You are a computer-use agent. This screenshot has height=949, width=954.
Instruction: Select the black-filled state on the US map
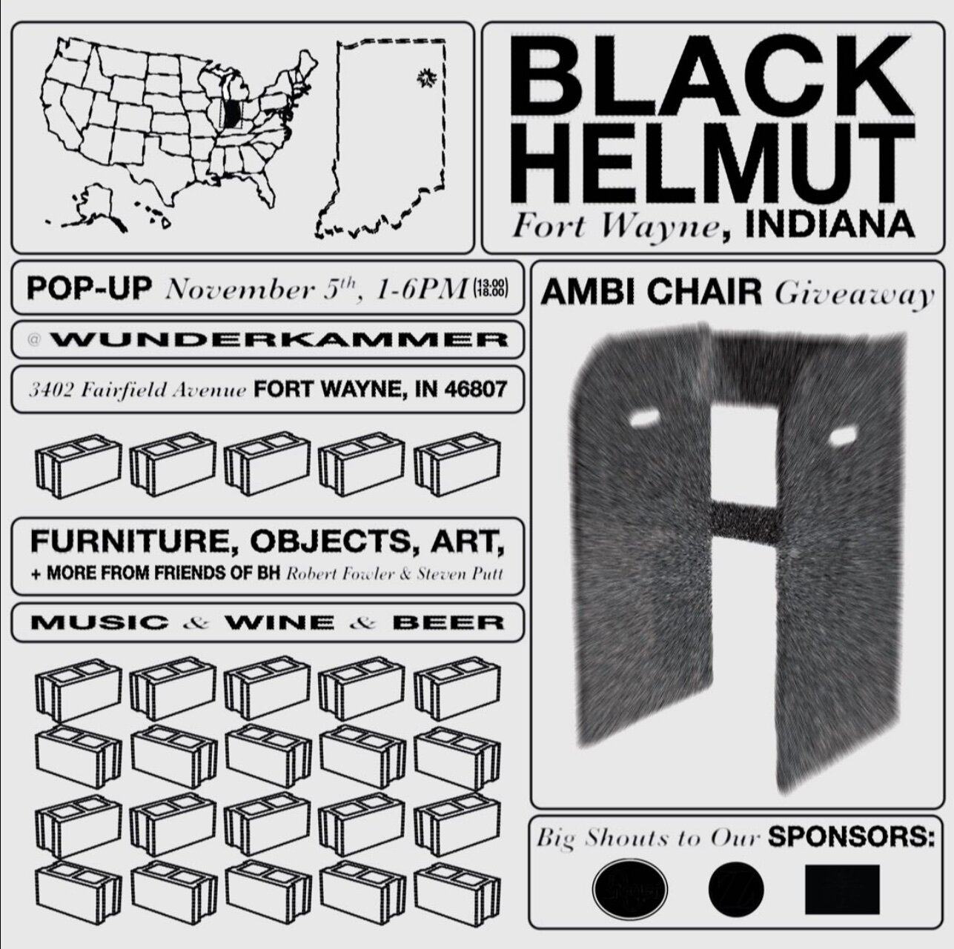click(232, 113)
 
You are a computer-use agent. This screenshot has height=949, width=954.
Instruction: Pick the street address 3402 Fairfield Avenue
click(136, 390)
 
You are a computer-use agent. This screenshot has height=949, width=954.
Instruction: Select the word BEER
click(448, 622)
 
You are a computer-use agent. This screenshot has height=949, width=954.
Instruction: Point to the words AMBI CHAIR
click(652, 293)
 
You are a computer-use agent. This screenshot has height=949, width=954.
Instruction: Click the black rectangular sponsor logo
click(842, 889)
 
